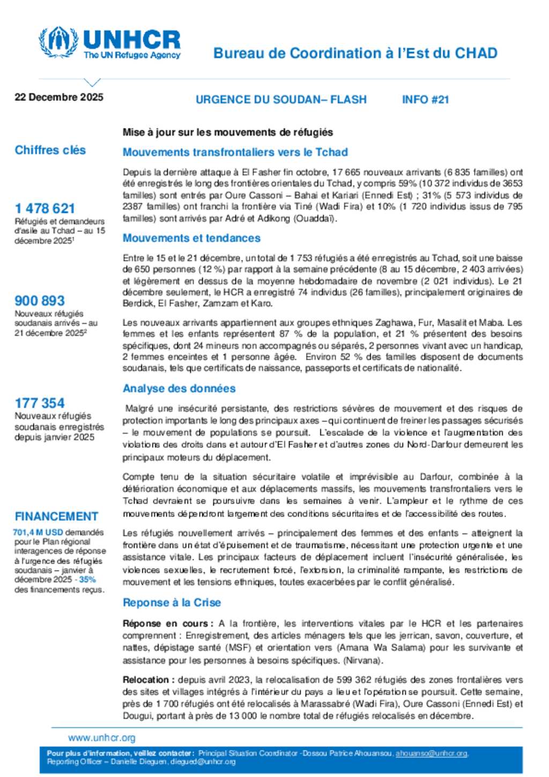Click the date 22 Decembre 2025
pos(59,97)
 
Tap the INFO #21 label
pos(425,100)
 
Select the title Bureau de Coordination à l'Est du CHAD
pos(355,53)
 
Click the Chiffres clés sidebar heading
pos(50,150)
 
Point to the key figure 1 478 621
pos(45,208)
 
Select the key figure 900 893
pos(40,301)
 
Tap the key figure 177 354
pos(40,403)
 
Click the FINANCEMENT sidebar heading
pos(56,516)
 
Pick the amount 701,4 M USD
pos(38,532)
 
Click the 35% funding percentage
pos(87,580)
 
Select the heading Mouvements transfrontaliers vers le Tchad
pos(235,152)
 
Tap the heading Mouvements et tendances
pos(191,238)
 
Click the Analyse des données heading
pos(179,388)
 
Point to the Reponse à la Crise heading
pos(172,603)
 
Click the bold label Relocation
pos(146,680)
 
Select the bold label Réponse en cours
pos(166,624)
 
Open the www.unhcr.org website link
pos(102,738)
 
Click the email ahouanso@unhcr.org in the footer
pos(432,753)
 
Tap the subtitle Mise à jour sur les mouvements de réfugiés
pos(228,132)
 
